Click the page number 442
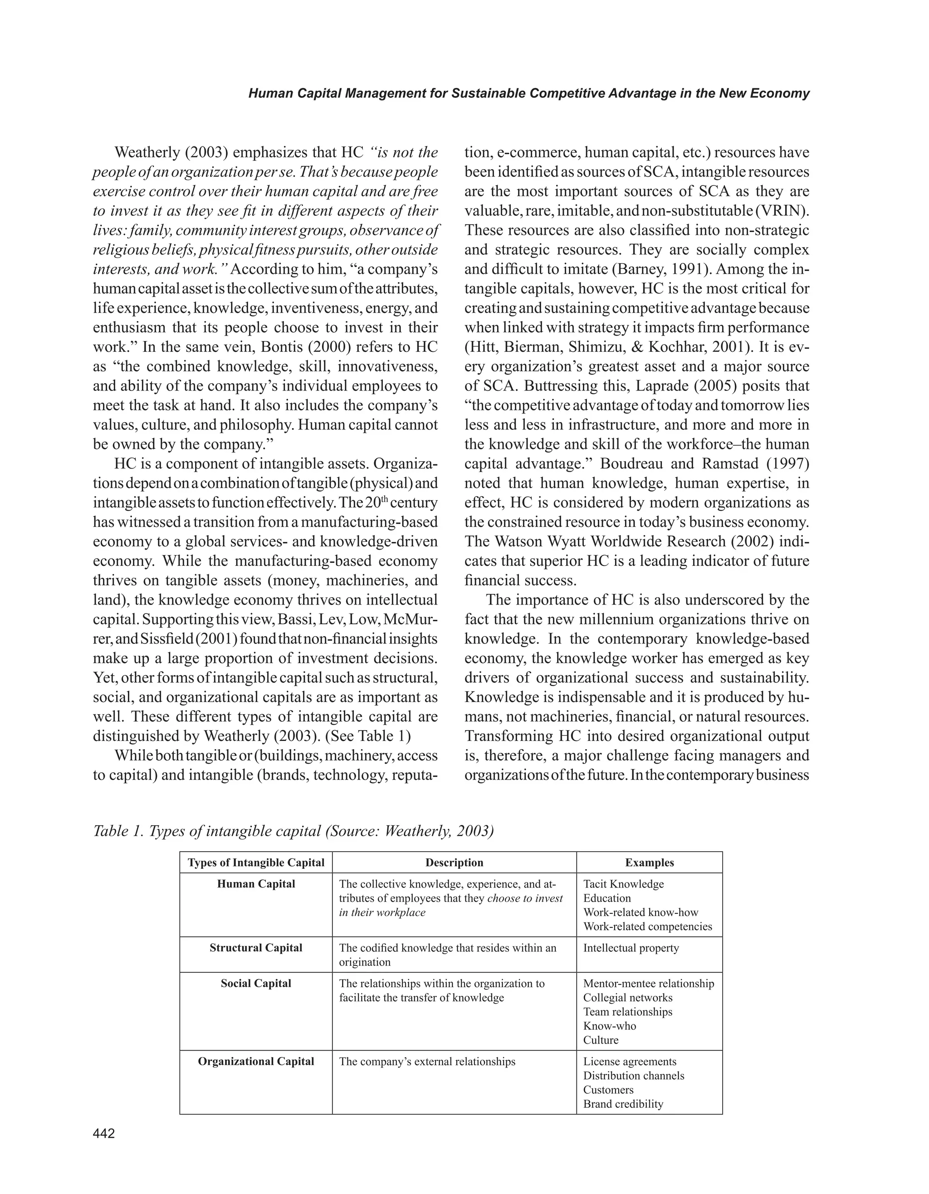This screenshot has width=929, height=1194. [104, 1134]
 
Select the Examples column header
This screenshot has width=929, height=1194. [649, 862]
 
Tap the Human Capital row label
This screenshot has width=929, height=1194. [256, 883]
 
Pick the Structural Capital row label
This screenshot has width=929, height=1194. [256, 947]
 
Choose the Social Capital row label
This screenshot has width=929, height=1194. [256, 983]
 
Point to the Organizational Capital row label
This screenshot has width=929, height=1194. [256, 1061]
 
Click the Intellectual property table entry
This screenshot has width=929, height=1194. [631, 947]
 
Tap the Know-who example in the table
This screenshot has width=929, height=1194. [609, 1026]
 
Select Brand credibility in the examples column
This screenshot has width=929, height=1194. [623, 1104]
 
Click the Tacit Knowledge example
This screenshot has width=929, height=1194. [623, 883]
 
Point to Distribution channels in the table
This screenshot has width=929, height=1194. [633, 1075]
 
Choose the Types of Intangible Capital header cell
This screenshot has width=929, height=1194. [256, 862]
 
